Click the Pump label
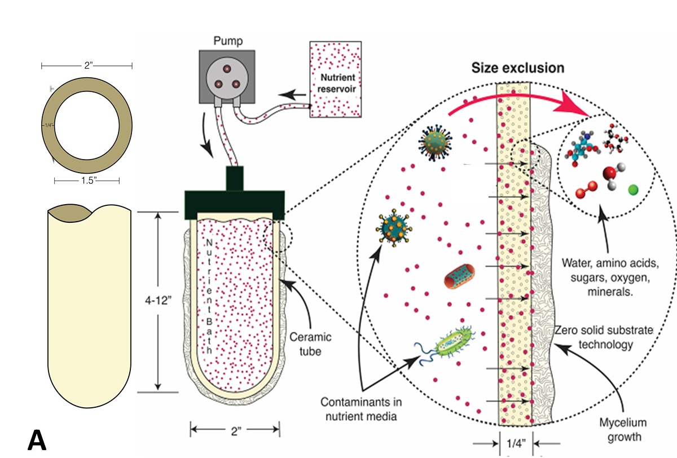[228, 41]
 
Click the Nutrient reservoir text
[337, 83]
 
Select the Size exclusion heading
[518, 68]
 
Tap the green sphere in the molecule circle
[633, 190]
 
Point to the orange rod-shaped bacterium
[459, 276]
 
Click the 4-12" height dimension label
[158, 300]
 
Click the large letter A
[37, 440]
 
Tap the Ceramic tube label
[310, 344]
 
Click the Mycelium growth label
[623, 430]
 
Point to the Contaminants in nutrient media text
[361, 409]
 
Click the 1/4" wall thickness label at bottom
[516, 443]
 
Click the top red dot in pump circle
[227, 69]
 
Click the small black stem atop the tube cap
[235, 178]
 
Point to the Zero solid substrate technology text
[604, 337]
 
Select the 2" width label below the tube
[236, 431]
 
